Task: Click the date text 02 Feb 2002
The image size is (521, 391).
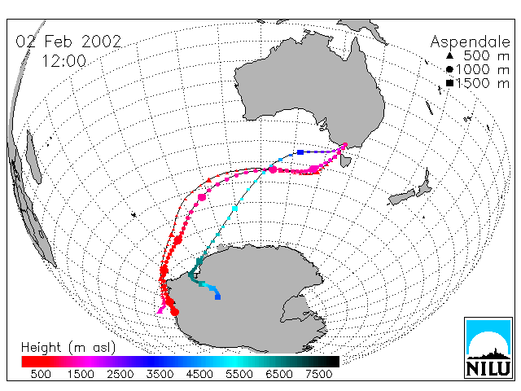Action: click(68, 42)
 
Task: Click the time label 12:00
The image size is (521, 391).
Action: click(64, 61)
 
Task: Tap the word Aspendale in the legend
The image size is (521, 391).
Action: click(471, 42)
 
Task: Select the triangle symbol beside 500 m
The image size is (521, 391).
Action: click(449, 55)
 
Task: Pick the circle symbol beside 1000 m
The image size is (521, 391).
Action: click(449, 69)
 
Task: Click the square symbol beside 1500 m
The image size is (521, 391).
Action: click(449, 83)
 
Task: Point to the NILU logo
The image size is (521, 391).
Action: click(488, 348)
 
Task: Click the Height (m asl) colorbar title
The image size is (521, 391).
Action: click(68, 348)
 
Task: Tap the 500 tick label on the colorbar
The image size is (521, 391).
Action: click(41, 375)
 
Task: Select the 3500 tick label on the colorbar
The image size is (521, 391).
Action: click(160, 375)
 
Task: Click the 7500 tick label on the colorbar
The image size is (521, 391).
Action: click(318, 375)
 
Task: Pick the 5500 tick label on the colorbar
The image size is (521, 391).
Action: click(239, 375)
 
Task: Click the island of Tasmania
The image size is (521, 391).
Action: click(345, 161)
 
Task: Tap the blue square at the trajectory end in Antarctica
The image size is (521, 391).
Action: click(217, 297)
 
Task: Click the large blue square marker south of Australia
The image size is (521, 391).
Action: click(300, 152)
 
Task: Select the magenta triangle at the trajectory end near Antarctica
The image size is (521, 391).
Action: click(160, 310)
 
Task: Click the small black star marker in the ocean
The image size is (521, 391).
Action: click(134, 215)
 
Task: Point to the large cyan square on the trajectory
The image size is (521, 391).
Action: click(235, 209)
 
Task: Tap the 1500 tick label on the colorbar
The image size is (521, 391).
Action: click(81, 375)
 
